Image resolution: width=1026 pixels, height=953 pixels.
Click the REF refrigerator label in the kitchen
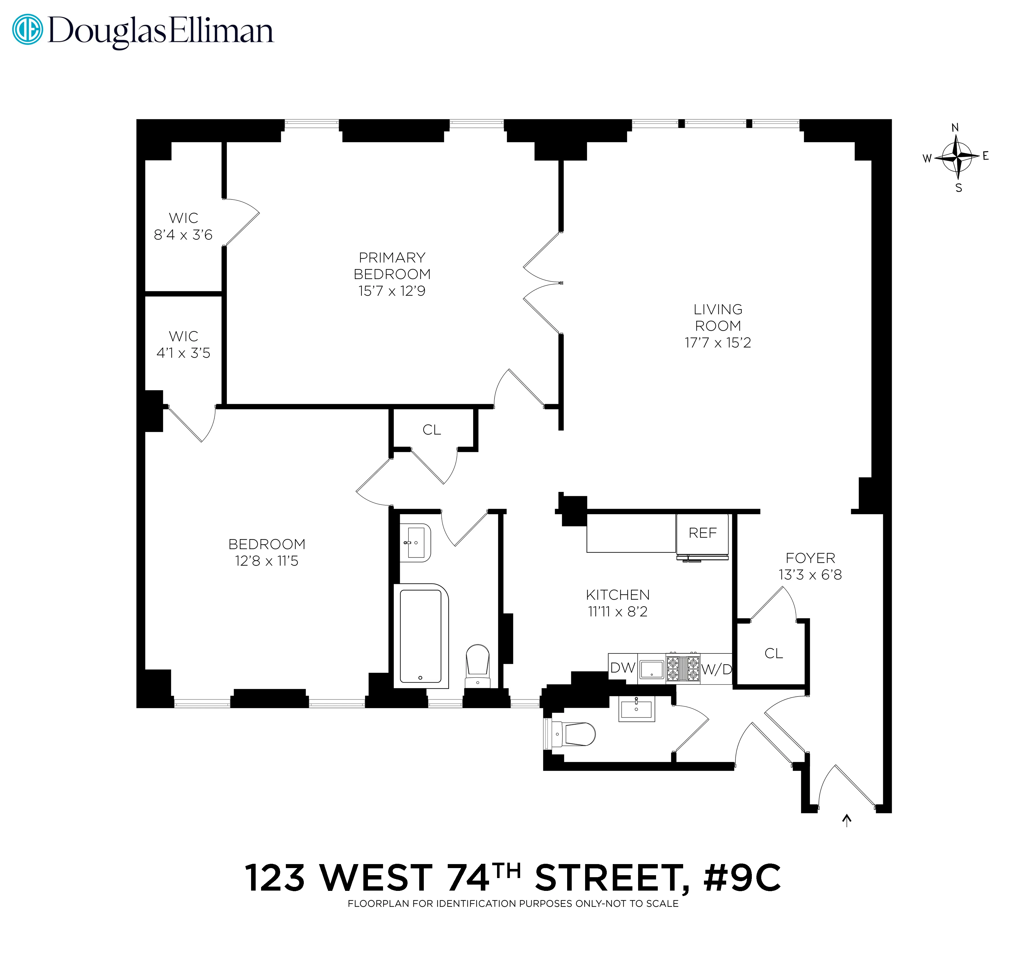click(702, 533)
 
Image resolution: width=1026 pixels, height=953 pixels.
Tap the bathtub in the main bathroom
click(421, 635)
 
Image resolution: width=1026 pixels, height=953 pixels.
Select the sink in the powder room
click(637, 709)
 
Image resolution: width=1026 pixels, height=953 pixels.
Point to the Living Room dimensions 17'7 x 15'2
click(718, 343)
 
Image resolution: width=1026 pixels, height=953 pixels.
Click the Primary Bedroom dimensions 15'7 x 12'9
click(392, 291)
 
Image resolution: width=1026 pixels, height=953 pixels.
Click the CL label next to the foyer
click(773, 653)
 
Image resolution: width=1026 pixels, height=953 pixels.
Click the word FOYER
click(810, 558)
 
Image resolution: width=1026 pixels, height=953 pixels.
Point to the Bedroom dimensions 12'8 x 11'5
click(266, 561)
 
